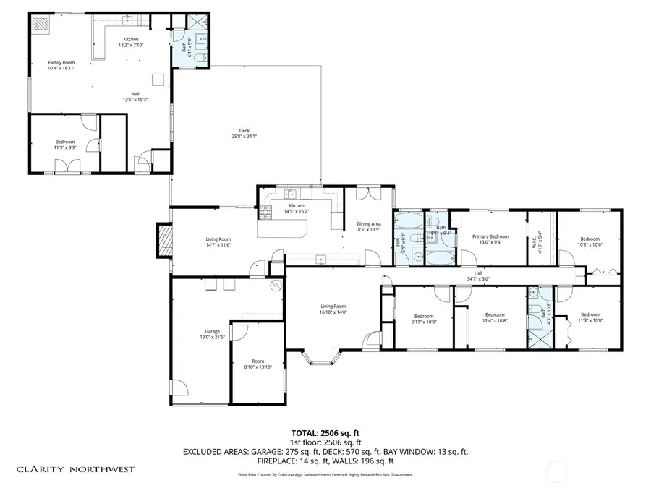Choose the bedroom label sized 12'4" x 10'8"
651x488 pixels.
coord(495,317)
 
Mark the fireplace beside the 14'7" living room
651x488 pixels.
coord(165,241)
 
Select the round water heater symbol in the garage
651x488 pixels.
coord(276,287)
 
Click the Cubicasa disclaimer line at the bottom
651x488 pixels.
coord(325,474)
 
